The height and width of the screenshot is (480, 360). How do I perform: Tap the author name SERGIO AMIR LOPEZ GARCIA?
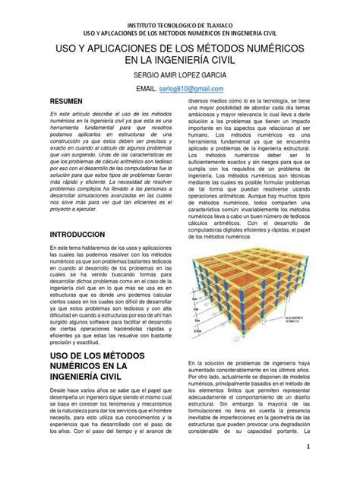(x=179, y=76)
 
